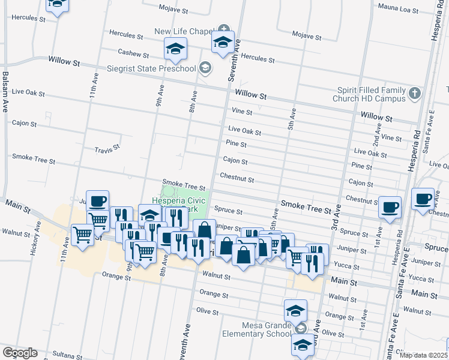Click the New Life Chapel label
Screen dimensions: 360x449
pos(184,31)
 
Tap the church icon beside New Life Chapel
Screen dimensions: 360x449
pos(224,29)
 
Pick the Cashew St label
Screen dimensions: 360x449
pos(133,53)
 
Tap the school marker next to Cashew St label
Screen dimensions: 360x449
pos(175,49)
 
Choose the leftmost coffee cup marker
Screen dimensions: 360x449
pos(97,202)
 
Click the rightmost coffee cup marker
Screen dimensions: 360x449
pos(423,198)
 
